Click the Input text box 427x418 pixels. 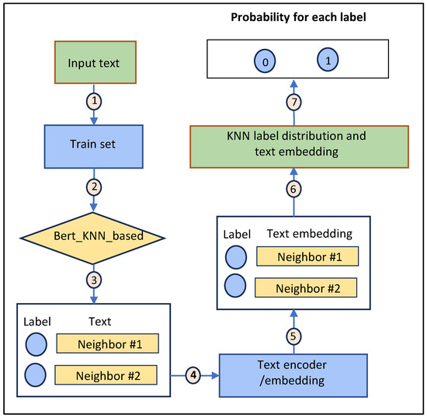click(94, 63)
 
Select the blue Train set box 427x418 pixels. click(94, 144)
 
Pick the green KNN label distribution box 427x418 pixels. click(295, 145)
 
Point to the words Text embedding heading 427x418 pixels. click(309, 233)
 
